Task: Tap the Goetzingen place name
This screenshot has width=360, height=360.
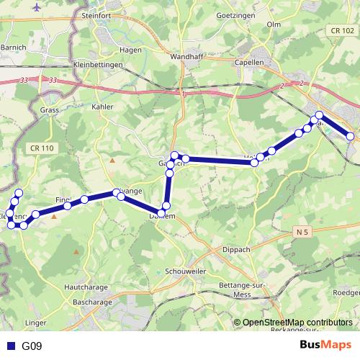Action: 215,13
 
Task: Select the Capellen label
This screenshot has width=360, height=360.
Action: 249,62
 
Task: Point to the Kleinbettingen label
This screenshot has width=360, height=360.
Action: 98,65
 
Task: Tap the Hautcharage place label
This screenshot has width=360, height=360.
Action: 86,286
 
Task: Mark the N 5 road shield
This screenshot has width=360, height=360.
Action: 302,231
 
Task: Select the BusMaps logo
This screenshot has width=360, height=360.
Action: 325,345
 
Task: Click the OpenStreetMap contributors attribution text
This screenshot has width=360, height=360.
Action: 297,323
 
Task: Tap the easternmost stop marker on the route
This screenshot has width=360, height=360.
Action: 351,136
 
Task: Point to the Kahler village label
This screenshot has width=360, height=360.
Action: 104,107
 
